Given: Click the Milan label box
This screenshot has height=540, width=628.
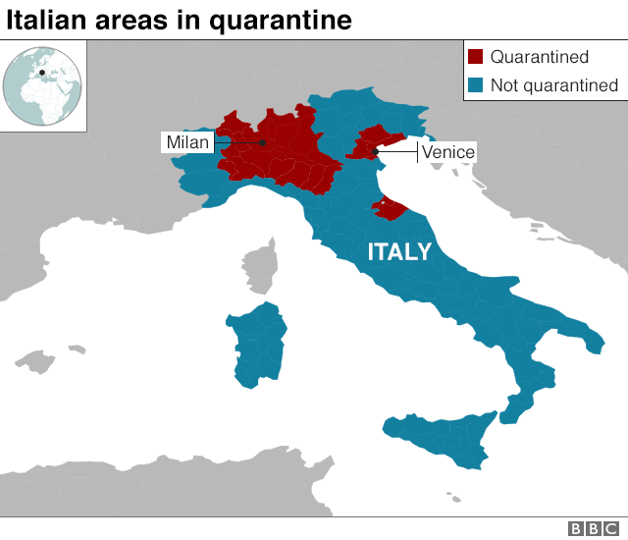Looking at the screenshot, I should [186, 143].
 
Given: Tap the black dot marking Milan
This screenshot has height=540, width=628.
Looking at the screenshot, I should [262, 143].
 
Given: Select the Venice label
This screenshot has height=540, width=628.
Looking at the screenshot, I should [447, 152].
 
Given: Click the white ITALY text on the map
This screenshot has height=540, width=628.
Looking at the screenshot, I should [399, 252].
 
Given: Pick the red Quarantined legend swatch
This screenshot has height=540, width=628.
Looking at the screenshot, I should [476, 58].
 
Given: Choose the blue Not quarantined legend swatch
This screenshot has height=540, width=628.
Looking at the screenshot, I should [476, 85].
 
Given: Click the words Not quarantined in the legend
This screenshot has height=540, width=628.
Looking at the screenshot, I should [554, 85].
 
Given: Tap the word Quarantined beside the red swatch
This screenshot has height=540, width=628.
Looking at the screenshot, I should [539, 58].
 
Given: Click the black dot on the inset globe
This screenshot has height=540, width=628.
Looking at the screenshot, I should [42, 72].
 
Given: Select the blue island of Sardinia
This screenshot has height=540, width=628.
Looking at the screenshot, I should [256, 345].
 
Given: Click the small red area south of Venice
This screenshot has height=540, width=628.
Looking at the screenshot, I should [387, 207].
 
